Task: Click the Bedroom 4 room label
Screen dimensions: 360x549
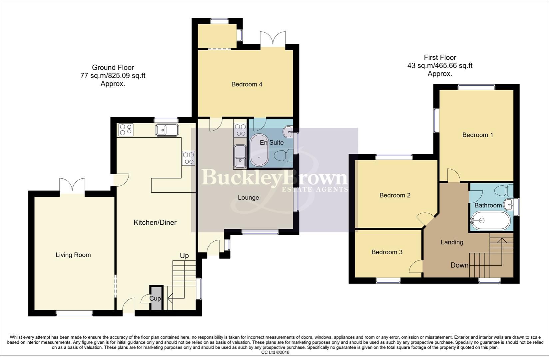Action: (247, 84)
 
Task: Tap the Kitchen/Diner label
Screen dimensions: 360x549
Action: (155, 222)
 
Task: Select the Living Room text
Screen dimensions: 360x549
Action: (73, 255)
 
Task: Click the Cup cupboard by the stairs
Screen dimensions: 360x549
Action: (155, 298)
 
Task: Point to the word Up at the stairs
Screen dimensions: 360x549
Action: (184, 256)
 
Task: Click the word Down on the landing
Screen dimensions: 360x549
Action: (459, 265)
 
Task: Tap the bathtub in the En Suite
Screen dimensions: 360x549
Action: (260, 151)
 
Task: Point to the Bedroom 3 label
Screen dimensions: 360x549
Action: (387, 252)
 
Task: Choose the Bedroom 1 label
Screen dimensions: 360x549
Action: (477, 135)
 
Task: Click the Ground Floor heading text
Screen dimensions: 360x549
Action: (113, 68)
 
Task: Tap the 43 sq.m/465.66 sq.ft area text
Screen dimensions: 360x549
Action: (440, 66)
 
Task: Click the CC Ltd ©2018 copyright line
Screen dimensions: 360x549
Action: (275, 352)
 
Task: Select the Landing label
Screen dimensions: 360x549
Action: (452, 242)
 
